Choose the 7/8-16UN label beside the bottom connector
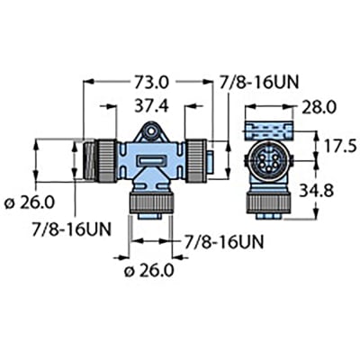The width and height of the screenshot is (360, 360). pos(223,242)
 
